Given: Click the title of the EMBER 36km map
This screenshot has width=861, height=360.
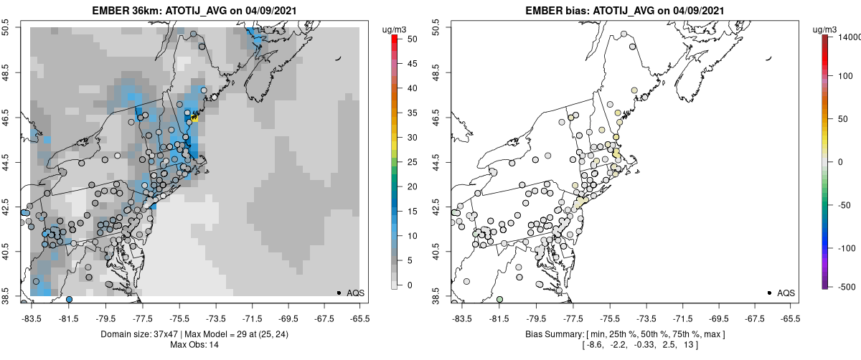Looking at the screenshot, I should (195, 11).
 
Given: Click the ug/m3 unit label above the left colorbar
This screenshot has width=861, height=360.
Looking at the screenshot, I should (397, 29).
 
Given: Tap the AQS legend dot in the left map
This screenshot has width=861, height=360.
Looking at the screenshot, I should (339, 293).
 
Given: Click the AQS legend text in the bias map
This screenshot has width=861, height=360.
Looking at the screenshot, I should (786, 293).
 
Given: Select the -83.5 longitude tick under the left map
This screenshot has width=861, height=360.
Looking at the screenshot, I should (31, 318).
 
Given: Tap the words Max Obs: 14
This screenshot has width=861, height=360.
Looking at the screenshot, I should (195, 345).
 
